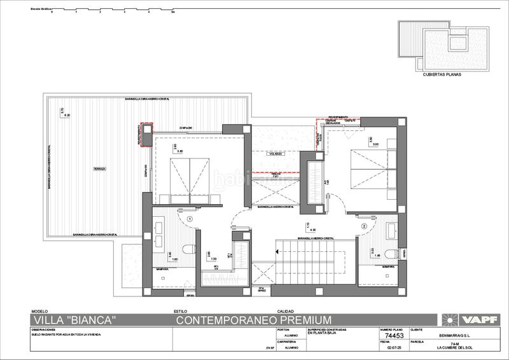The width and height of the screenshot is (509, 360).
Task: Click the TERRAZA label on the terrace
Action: (99, 169)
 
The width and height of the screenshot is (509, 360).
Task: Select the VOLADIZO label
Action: (275, 153)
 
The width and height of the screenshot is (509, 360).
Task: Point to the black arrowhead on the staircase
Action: (279, 251)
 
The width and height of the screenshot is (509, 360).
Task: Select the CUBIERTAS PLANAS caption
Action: (440, 74)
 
